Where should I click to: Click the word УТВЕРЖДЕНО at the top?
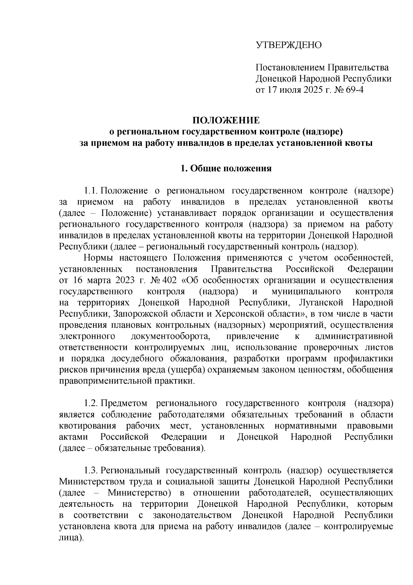tap(288, 45)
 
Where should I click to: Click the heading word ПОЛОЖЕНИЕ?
tap(226, 120)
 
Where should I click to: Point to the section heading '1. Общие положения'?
tap(226, 168)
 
